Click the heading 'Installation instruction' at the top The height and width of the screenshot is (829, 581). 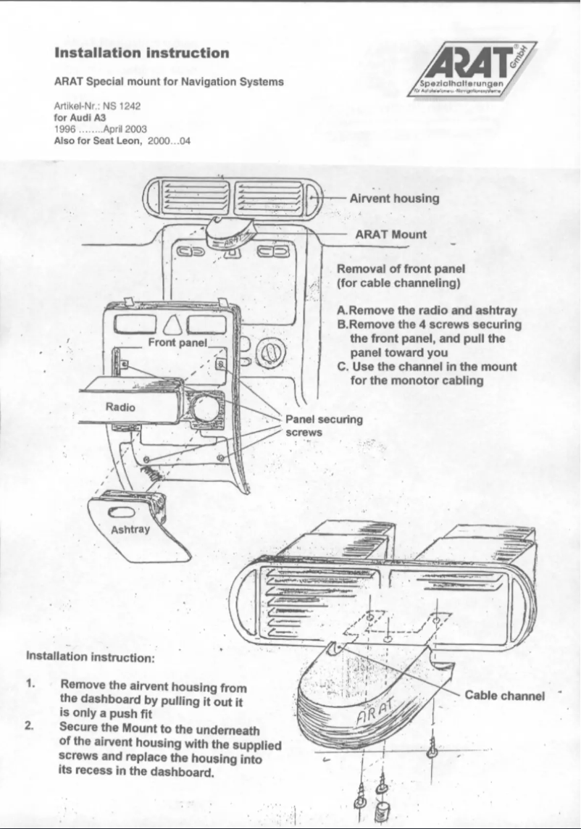pyautogui.click(x=142, y=53)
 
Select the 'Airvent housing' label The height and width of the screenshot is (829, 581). pyautogui.click(x=394, y=198)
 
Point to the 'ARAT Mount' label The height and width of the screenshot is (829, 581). pyautogui.click(x=390, y=235)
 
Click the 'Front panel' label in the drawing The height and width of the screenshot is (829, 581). pyautogui.click(x=177, y=341)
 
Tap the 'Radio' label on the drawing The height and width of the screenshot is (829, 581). pyautogui.click(x=120, y=407)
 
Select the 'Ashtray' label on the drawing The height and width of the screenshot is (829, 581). pyautogui.click(x=130, y=528)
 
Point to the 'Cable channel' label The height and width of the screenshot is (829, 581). pyautogui.click(x=504, y=696)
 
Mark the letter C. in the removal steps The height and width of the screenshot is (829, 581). pyautogui.click(x=343, y=367)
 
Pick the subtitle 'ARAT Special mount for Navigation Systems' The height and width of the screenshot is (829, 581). pyautogui.click(x=169, y=82)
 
